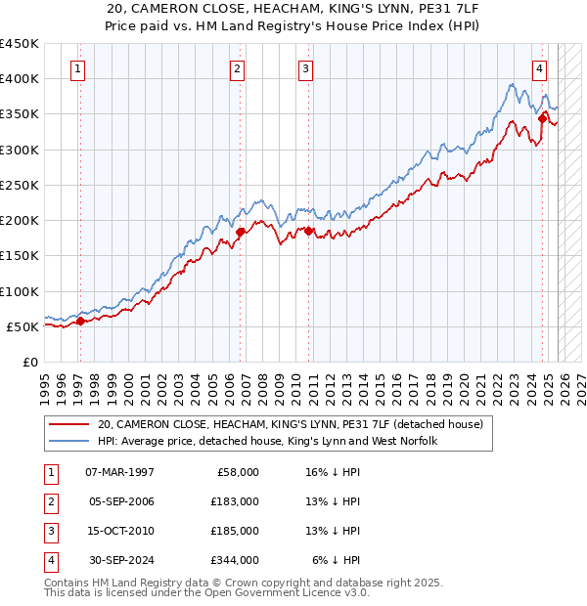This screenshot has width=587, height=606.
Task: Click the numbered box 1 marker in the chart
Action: pyautogui.click(x=77, y=68)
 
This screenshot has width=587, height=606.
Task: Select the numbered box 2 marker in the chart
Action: pyautogui.click(x=238, y=68)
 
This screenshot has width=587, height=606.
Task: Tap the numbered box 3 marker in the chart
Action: pyautogui.click(x=306, y=68)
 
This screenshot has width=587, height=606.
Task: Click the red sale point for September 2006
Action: pyautogui.click(x=240, y=233)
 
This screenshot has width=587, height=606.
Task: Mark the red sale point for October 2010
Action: pyautogui.click(x=308, y=231)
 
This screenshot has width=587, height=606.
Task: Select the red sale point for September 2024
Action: pyautogui.click(x=542, y=118)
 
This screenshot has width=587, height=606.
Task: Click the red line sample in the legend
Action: pyautogui.click(x=68, y=425)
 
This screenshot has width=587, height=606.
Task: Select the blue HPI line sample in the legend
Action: pyautogui.click(x=68, y=442)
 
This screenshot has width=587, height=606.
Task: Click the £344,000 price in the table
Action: pyautogui.click(x=236, y=561)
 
